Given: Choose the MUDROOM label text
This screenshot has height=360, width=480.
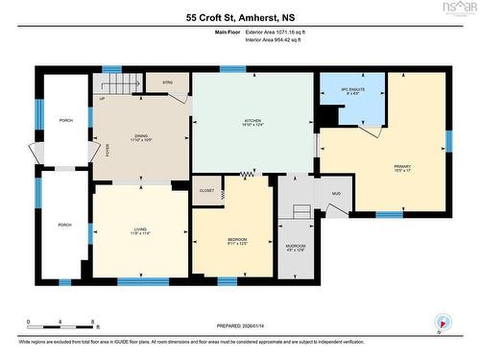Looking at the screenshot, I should [297, 247].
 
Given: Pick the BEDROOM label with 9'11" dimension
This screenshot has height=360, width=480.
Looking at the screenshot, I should [236, 239].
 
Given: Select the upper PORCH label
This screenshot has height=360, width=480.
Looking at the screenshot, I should [64, 120].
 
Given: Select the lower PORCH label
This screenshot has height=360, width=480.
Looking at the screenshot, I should [64, 225].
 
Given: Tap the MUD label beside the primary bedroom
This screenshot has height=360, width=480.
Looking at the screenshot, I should [337, 194].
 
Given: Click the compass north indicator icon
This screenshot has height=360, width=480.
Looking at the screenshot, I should [441, 323].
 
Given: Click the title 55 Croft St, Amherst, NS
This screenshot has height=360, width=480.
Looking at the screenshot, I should [239, 16].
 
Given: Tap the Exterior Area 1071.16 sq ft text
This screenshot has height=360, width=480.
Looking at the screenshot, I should [280, 33].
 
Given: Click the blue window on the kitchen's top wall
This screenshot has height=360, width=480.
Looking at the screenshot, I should [231, 69].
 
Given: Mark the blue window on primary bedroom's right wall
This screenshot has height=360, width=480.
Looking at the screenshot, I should [448, 140].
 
